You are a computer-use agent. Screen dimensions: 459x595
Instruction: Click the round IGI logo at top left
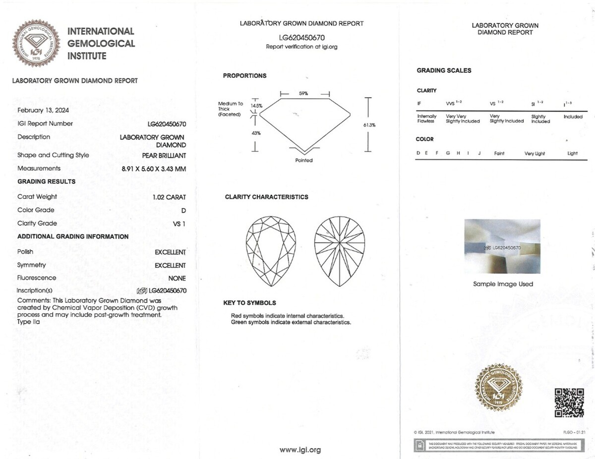(36, 44)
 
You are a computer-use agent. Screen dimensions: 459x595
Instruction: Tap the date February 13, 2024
(43, 110)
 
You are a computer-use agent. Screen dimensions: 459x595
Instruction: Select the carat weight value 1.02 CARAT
(169, 197)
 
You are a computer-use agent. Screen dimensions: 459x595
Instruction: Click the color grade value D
(183, 210)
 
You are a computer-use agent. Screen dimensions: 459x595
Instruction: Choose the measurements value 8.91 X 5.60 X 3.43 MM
(154, 169)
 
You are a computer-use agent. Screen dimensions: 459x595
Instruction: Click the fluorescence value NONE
(177, 278)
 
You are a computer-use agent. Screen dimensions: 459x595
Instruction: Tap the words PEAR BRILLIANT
(164, 155)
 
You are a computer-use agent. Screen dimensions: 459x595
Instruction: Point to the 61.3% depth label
(369, 125)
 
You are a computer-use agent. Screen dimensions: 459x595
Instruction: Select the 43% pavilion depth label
(256, 133)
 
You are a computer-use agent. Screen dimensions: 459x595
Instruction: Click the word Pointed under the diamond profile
(304, 160)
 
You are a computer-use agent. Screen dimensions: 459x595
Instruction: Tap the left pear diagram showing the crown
(271, 251)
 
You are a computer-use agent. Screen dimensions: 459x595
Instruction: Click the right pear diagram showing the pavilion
(340, 251)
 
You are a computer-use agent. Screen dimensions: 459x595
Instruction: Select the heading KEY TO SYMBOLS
(249, 303)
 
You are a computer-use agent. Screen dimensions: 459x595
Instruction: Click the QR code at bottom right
(569, 402)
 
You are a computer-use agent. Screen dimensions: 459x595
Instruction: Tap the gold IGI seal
(498, 387)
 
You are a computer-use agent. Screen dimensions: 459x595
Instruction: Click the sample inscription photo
(502, 246)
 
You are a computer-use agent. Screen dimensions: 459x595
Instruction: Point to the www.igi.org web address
(300, 450)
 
